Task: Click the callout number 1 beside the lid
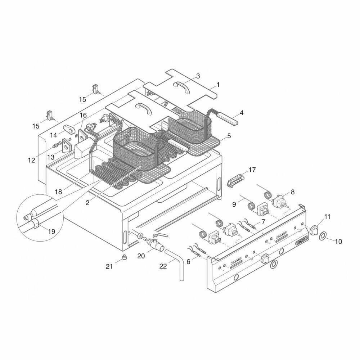pyautogui.click(x=218, y=85)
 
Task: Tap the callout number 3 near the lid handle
pyautogui.click(x=198, y=76)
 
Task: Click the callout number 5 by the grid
pyautogui.click(x=229, y=136)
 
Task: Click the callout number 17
pyautogui.click(x=252, y=170)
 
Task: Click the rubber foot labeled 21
pyautogui.click(x=125, y=257)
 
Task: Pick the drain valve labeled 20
pyautogui.click(x=156, y=245)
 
